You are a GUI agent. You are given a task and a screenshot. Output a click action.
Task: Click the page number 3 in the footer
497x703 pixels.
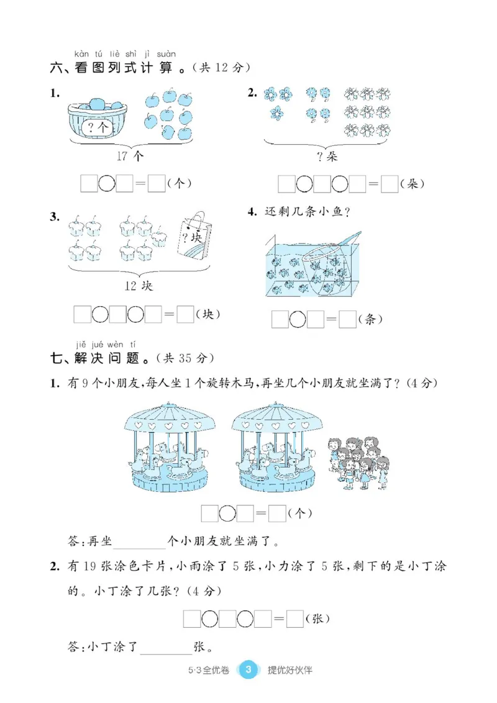point(248,669)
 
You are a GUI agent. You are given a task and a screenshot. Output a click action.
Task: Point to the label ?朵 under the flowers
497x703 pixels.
point(327,156)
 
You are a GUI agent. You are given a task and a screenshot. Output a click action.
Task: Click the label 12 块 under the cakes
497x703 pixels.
point(138,286)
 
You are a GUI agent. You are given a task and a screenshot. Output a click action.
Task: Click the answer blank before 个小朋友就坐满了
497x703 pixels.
point(139,541)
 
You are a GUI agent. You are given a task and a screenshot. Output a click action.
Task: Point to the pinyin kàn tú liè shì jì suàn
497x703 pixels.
point(124,53)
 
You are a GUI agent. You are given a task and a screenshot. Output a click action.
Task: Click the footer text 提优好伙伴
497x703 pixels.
point(290,670)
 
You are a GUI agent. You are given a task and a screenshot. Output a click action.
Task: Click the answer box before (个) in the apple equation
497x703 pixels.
point(157,183)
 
